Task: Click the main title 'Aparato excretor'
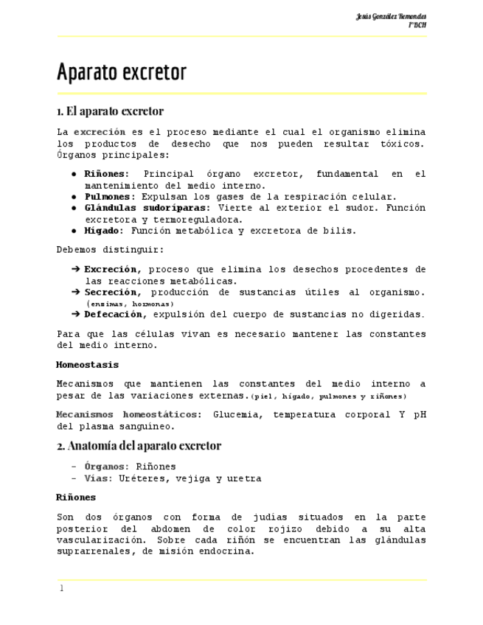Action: [122, 73]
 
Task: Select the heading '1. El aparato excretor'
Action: [110, 111]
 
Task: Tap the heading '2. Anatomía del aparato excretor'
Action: [139, 446]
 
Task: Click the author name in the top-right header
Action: [391, 16]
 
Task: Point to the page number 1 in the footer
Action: [62, 588]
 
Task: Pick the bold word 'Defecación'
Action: [113, 315]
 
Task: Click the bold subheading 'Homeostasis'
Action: [87, 365]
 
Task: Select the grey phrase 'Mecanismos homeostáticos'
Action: [126, 414]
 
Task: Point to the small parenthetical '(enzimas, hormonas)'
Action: [129, 304]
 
